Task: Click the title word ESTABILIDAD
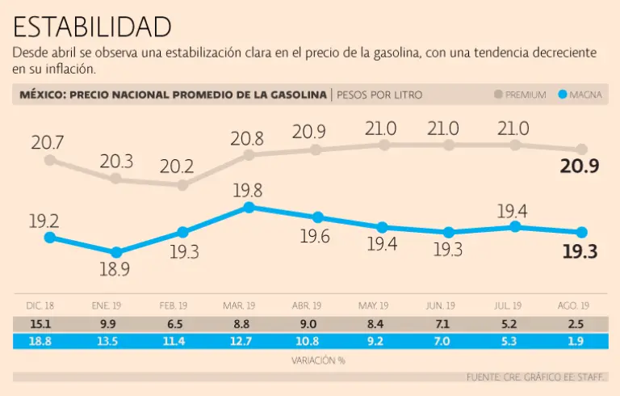(93, 26)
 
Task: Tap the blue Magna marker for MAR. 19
(249, 208)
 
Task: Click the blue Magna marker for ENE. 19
(117, 253)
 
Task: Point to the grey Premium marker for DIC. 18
(50, 160)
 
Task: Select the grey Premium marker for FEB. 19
(182, 185)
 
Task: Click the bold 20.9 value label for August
(580, 168)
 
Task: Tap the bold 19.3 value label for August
(580, 251)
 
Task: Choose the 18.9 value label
(115, 270)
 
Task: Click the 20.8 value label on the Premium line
(247, 137)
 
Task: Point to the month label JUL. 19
(507, 305)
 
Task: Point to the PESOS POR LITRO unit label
(379, 95)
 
